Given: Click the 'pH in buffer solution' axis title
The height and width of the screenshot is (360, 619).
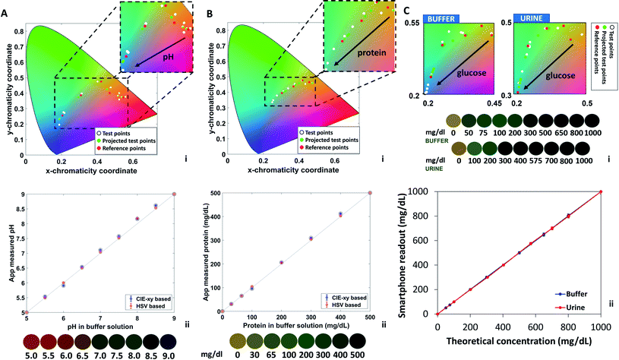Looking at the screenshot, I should coord(99,325).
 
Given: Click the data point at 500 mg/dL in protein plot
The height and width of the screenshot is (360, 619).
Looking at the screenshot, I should coord(369,193).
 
